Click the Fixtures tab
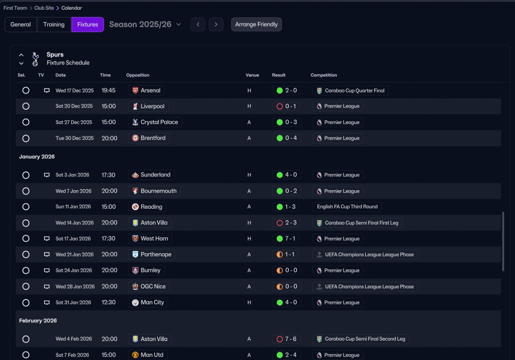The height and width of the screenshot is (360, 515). click(88, 25)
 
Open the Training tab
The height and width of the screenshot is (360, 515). click(54, 25)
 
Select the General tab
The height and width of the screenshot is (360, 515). click(21, 25)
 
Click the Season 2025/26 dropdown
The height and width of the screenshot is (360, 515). click(145, 25)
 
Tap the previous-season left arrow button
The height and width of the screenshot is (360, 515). click(198, 25)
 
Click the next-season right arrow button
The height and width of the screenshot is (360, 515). click(216, 25)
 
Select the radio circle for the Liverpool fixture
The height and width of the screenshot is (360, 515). click(26, 106)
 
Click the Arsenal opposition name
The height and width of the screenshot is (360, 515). click(150, 91)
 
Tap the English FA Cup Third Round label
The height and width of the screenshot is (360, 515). click(347, 207)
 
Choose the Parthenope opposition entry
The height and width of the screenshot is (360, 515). click(152, 255)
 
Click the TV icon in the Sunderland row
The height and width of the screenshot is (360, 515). click(47, 175)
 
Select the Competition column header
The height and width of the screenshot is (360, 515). click(324, 75)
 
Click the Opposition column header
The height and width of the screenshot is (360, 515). click(138, 75)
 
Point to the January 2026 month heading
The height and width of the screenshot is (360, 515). click(37, 156)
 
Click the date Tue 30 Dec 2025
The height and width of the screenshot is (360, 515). click(74, 138)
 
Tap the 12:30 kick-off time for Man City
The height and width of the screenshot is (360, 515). click(109, 302)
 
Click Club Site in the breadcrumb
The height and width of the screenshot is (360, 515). click(44, 8)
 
